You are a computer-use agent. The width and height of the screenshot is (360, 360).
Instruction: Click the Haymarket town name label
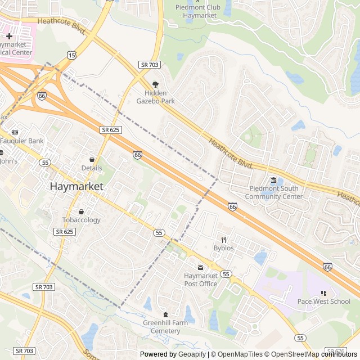(76, 186)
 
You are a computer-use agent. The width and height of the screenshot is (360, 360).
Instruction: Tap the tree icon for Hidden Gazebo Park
(156, 83)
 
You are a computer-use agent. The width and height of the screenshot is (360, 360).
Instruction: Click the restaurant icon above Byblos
(223, 240)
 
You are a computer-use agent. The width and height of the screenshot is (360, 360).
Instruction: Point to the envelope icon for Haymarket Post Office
(200, 267)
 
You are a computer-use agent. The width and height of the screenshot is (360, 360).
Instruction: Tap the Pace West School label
(323, 301)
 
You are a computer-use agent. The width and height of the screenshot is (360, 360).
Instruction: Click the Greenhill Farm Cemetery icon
(165, 314)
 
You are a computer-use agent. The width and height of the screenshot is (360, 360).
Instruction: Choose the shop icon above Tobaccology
(81, 212)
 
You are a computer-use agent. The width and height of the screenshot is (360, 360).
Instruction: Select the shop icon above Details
(92, 160)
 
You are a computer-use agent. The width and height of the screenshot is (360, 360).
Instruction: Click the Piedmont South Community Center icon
(273, 180)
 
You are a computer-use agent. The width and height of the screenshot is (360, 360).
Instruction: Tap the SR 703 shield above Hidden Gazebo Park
(149, 65)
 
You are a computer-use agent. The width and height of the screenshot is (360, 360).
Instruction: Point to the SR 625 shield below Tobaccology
(64, 232)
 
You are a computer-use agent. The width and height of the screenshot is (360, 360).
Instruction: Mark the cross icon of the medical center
(9, 36)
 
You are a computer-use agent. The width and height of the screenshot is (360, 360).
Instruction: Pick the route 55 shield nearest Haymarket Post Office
(226, 274)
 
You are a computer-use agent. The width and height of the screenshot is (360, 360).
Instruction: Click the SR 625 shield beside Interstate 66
(111, 130)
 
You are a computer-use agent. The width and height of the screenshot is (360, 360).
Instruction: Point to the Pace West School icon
(323, 293)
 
